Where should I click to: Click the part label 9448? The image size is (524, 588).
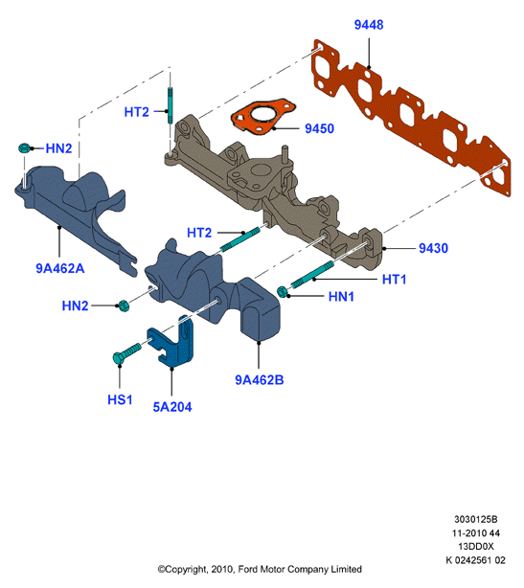[x=369, y=25]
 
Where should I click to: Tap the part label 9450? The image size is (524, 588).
[x=319, y=128]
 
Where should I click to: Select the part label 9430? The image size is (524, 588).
[x=433, y=248]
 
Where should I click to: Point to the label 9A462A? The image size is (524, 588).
[x=60, y=268]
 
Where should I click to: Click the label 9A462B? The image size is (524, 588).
[x=260, y=380]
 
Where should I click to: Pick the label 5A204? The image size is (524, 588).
[x=172, y=407]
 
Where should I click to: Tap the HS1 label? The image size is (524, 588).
[x=120, y=399]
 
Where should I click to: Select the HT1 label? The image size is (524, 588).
[x=395, y=280]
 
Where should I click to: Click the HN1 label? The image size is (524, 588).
[x=341, y=297]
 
